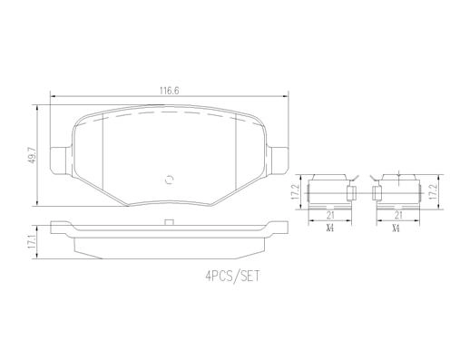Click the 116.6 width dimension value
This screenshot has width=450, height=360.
tap(169, 91)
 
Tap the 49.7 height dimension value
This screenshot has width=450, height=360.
tap(32, 155)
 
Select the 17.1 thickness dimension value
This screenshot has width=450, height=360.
tap(31, 242)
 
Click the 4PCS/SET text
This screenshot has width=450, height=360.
tap(232, 276)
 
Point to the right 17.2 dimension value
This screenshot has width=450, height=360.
tap(434, 191)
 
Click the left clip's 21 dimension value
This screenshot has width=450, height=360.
tap(330, 215)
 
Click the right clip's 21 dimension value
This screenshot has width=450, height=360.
tap(398, 215)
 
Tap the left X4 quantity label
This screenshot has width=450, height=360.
tap(330, 229)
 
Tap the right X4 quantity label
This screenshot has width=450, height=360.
tap(396, 229)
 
